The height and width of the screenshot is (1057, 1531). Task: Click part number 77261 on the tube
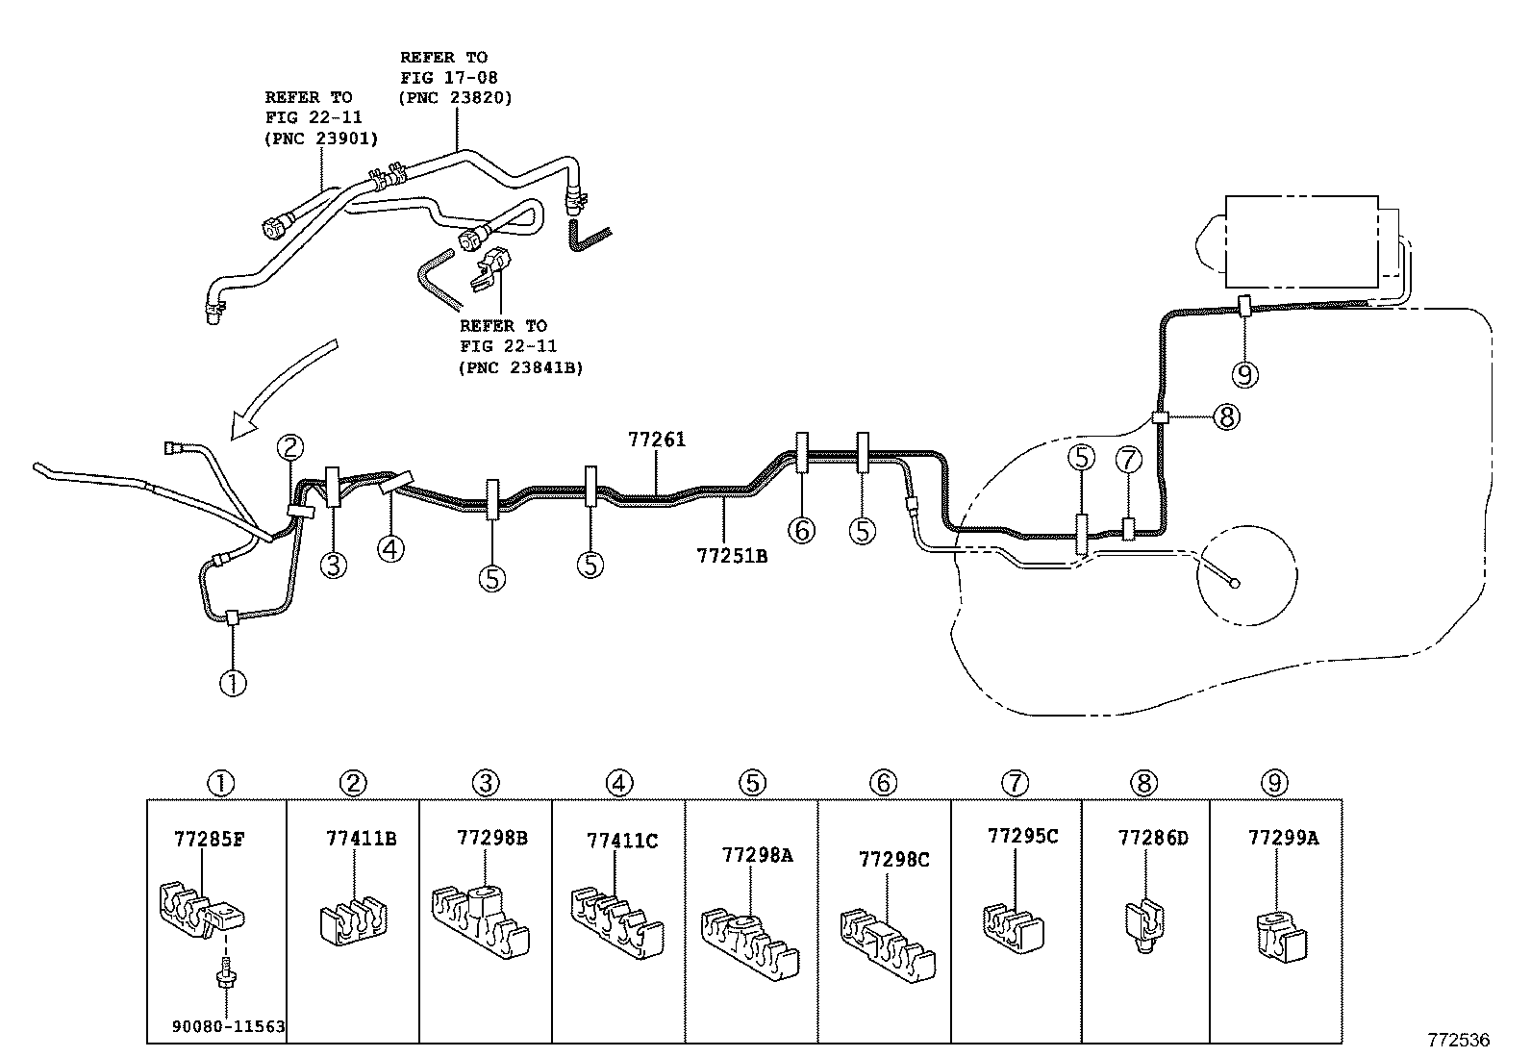coord(657,440)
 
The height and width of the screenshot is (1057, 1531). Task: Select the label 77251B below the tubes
coord(732,555)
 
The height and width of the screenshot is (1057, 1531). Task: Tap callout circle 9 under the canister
coord(1245,373)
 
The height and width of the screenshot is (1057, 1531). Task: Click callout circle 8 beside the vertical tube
coord(1226,417)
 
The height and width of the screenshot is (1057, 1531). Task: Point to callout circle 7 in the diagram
coord(1128,460)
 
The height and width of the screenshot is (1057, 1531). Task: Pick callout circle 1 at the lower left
coord(233,683)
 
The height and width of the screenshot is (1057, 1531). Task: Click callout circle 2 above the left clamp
coord(290,447)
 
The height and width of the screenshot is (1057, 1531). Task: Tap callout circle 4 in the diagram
coord(390,549)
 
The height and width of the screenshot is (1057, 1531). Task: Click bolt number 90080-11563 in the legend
coord(229,1026)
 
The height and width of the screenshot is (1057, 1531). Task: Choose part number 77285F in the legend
coord(209,838)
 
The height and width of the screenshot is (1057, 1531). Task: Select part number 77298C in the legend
coord(893,859)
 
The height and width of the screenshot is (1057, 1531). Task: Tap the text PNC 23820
coord(456,97)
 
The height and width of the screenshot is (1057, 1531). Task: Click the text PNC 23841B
coord(521,367)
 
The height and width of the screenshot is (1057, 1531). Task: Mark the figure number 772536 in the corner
coord(1458,1041)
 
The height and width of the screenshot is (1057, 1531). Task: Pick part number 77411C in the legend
coord(622,841)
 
